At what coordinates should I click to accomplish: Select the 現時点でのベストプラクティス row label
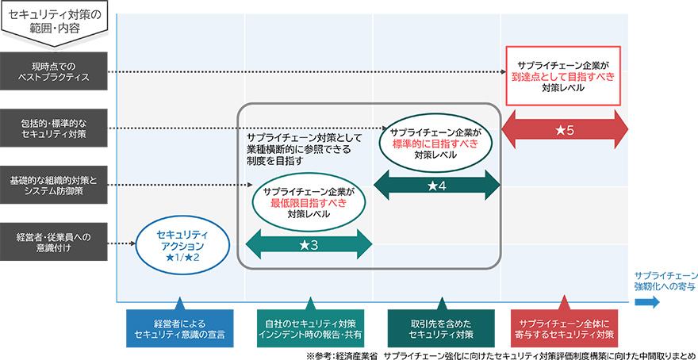point(54,71)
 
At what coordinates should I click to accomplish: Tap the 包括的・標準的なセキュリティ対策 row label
point(54,128)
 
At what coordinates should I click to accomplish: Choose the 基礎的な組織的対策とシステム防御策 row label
point(54,185)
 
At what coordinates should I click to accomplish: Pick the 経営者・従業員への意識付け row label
point(54,243)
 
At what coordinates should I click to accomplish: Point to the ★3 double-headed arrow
point(309,245)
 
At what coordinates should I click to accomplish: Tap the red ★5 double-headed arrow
point(566,128)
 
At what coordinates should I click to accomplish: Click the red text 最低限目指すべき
point(309,202)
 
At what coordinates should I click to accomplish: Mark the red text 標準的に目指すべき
point(435,144)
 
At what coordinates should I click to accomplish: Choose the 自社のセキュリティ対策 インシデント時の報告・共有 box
point(309,328)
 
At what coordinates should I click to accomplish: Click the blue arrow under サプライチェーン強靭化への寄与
point(644,302)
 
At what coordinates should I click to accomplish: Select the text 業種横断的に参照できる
point(297,149)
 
